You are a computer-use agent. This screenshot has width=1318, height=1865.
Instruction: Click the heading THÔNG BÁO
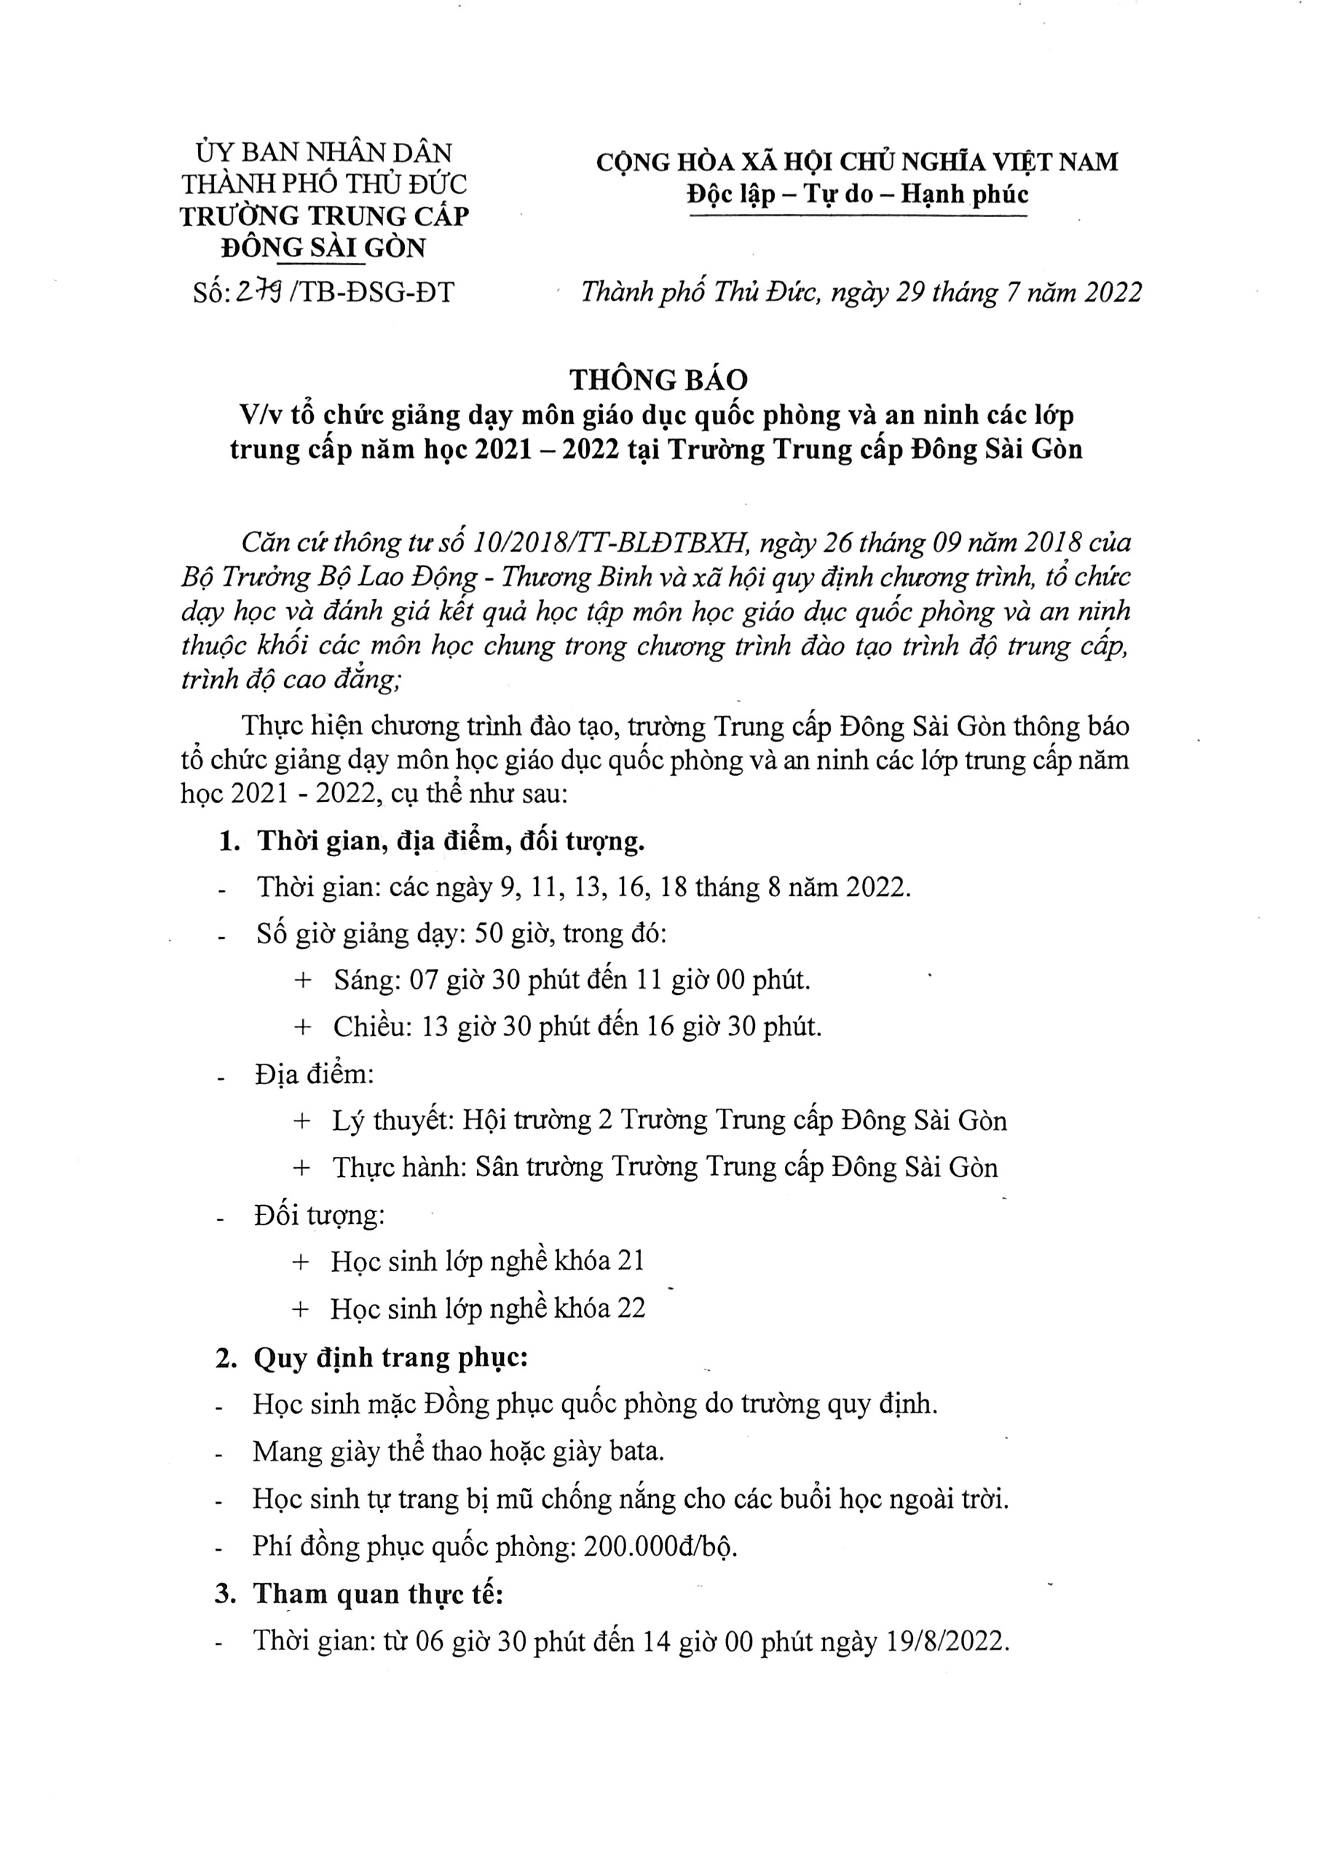pyautogui.click(x=658, y=380)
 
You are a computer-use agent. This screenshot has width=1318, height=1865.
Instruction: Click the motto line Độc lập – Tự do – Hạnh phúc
pyautogui.click(x=857, y=195)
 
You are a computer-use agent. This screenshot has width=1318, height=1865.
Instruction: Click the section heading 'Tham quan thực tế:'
pyautogui.click(x=379, y=1594)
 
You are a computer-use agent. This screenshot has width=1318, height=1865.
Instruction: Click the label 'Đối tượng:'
pyautogui.click(x=319, y=1215)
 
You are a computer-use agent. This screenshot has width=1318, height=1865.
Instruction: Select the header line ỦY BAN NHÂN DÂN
pyautogui.click(x=324, y=153)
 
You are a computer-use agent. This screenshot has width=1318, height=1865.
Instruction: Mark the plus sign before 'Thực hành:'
pyautogui.click(x=301, y=1168)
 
